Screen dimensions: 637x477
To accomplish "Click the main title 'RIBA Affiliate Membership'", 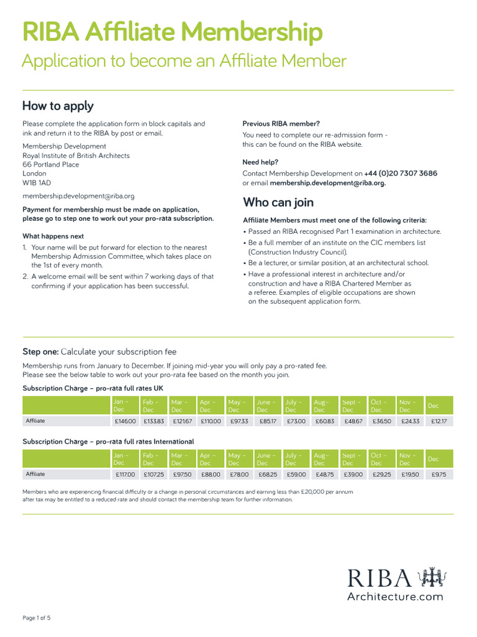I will [x=172, y=32].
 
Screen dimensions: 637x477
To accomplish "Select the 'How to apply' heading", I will [x=58, y=106].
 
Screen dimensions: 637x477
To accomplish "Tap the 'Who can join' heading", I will [x=278, y=202].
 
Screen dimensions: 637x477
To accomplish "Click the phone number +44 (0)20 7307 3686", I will [x=401, y=174].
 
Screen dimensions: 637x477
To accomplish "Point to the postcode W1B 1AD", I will [x=38, y=184].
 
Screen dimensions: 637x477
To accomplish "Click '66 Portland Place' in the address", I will [x=51, y=165].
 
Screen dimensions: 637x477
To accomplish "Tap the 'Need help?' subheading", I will [x=260, y=162].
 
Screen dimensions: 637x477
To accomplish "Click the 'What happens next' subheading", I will [x=53, y=236].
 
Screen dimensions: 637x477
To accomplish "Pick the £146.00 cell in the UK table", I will [x=125, y=421].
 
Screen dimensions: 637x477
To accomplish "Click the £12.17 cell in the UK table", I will [x=439, y=421].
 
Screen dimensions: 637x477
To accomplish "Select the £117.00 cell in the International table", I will [x=125, y=474].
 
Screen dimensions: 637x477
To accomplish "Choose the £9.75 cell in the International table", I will [x=439, y=474].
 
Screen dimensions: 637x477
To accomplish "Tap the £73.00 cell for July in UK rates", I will [x=296, y=421].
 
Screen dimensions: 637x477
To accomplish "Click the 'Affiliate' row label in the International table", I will [x=35, y=474].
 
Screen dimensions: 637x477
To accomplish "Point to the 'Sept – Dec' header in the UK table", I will [x=352, y=406].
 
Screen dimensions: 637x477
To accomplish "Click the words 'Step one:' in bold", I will [x=40, y=351].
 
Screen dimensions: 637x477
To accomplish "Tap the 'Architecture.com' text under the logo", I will [x=394, y=597].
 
